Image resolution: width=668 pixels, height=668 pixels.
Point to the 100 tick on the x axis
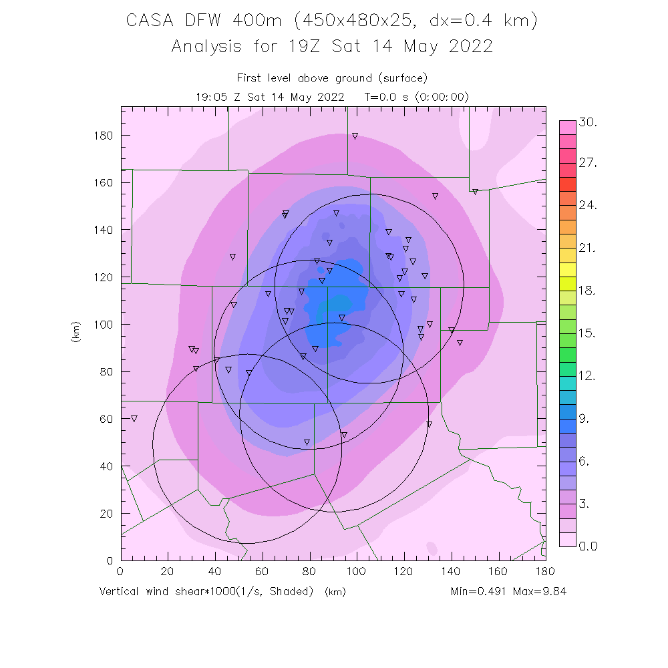point(357,560)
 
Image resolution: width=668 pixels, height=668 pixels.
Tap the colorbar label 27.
point(589,164)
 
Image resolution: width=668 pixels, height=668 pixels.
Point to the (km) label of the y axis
point(75,332)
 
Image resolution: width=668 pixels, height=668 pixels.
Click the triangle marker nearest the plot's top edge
point(355,136)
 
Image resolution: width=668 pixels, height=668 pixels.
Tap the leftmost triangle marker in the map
point(134,419)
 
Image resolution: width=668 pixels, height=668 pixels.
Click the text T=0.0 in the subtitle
point(381,97)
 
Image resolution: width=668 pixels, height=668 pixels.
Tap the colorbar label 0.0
point(589,546)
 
